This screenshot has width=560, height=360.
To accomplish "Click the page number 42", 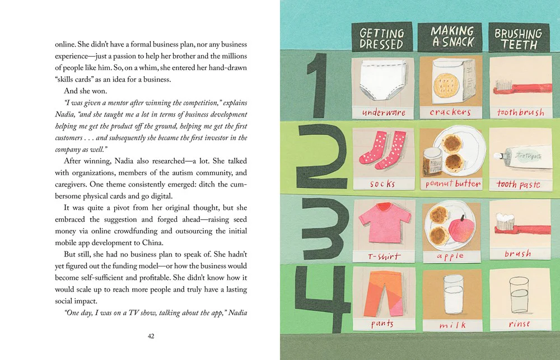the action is (x=151, y=336).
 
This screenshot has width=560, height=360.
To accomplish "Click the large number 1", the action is (x=316, y=86).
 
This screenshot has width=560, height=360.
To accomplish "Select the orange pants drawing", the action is (x=383, y=293).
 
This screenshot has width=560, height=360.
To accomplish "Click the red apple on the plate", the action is (x=461, y=228).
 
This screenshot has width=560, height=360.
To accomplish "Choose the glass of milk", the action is (x=453, y=295).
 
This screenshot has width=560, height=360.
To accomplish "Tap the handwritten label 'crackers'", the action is (x=450, y=112).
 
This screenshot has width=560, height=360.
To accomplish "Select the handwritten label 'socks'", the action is (x=382, y=184).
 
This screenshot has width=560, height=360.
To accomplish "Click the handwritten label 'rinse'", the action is (x=519, y=324).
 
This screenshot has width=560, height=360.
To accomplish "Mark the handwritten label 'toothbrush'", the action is (x=521, y=112).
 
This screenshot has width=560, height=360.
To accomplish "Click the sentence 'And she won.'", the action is (x=85, y=91).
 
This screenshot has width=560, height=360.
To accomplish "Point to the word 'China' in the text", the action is (x=152, y=243).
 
